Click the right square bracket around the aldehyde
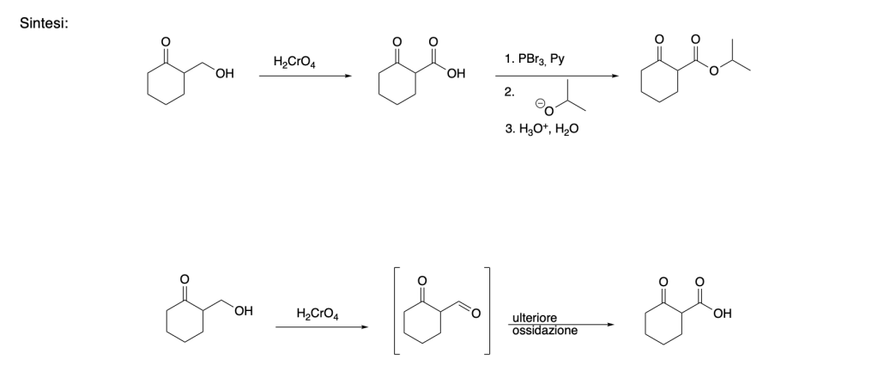(x=488, y=311)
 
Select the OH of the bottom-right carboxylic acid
(x=722, y=310)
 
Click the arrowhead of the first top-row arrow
(x=347, y=76)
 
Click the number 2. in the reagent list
(x=510, y=90)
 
